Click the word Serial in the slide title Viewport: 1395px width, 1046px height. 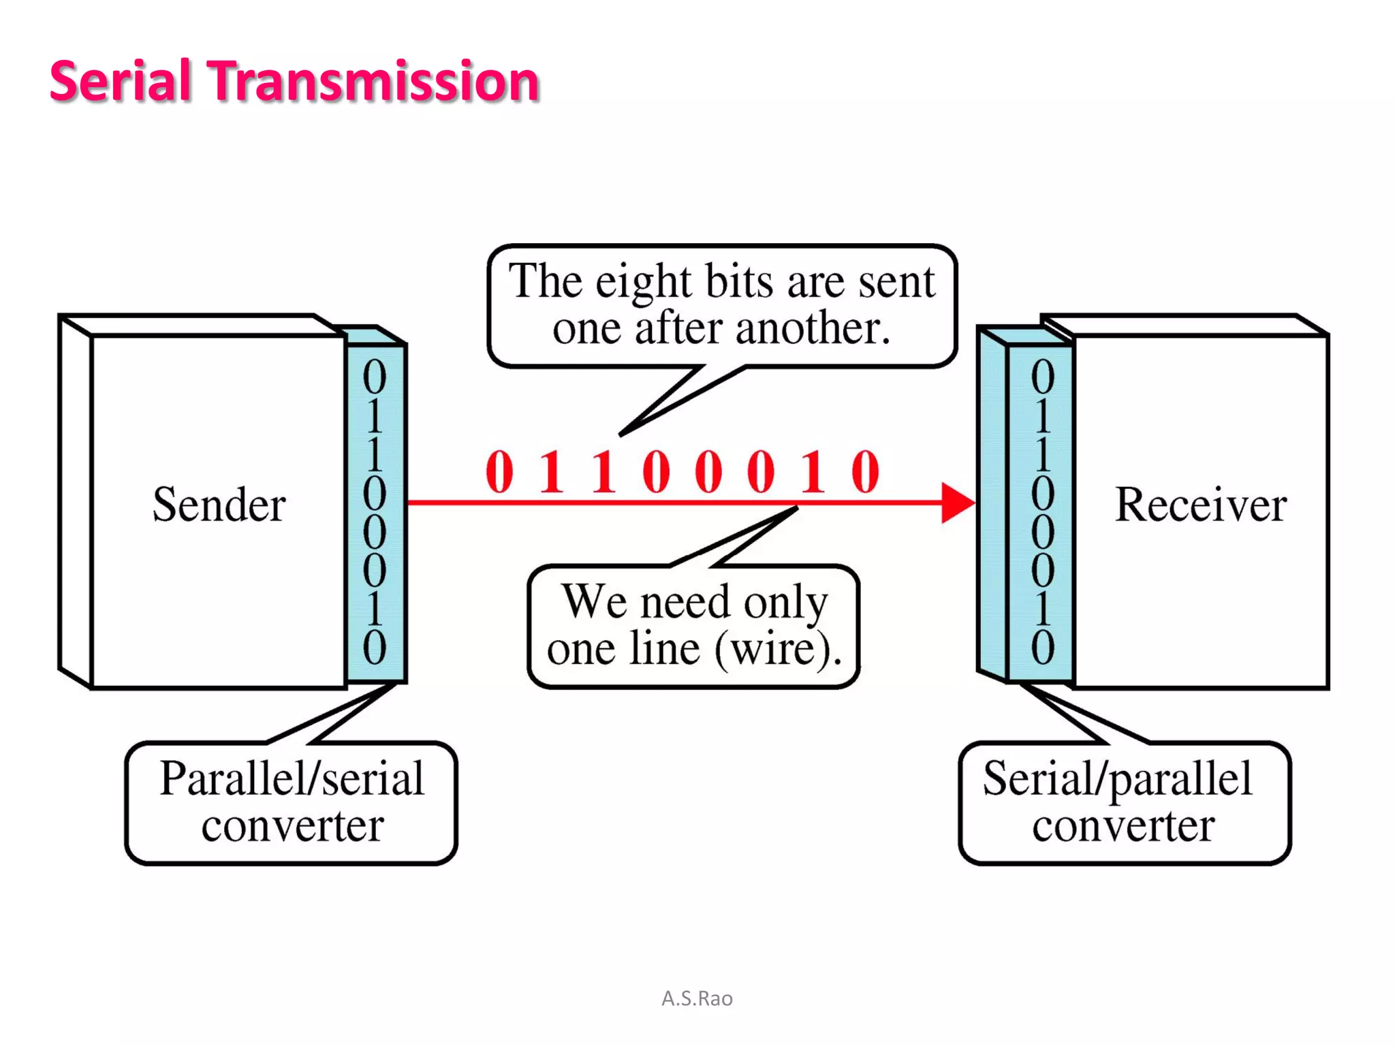click(x=120, y=81)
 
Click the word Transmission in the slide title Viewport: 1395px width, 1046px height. click(x=373, y=81)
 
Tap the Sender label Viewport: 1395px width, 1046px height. click(x=219, y=505)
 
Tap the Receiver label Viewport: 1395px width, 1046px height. click(x=1200, y=505)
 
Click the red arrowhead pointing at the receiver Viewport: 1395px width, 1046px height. click(x=956, y=503)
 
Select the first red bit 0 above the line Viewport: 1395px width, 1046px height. click(x=499, y=471)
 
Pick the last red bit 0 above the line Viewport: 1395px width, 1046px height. click(x=865, y=471)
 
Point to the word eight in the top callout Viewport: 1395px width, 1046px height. click(x=643, y=283)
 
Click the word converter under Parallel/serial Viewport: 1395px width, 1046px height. click(x=292, y=826)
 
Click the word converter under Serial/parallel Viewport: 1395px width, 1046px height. click(x=1123, y=826)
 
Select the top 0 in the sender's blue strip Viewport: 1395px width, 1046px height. click(x=374, y=377)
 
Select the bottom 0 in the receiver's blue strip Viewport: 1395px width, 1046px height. click(x=1042, y=647)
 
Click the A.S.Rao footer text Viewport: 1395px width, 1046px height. click(x=697, y=998)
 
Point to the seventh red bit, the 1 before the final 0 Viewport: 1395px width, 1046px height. click(x=813, y=471)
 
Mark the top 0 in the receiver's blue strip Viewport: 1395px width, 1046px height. click(x=1042, y=377)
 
